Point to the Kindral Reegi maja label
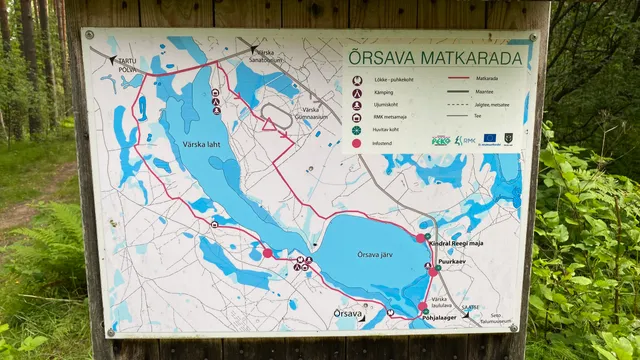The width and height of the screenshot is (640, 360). tap(468, 244)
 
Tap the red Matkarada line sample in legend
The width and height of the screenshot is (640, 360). tap(459, 78)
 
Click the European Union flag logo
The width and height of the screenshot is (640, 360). tap(490, 139)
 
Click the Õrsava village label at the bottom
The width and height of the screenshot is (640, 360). tap(348, 314)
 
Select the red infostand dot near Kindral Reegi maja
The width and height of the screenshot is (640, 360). tap(420, 238)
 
